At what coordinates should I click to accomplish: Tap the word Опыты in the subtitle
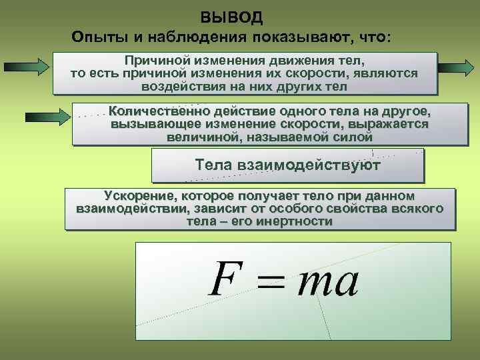[x=96, y=37]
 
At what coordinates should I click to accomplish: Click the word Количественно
[x=158, y=111]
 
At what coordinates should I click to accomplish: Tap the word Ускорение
[x=136, y=196]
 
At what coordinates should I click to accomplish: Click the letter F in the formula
[x=224, y=281]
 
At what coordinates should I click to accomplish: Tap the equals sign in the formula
[x=270, y=283]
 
